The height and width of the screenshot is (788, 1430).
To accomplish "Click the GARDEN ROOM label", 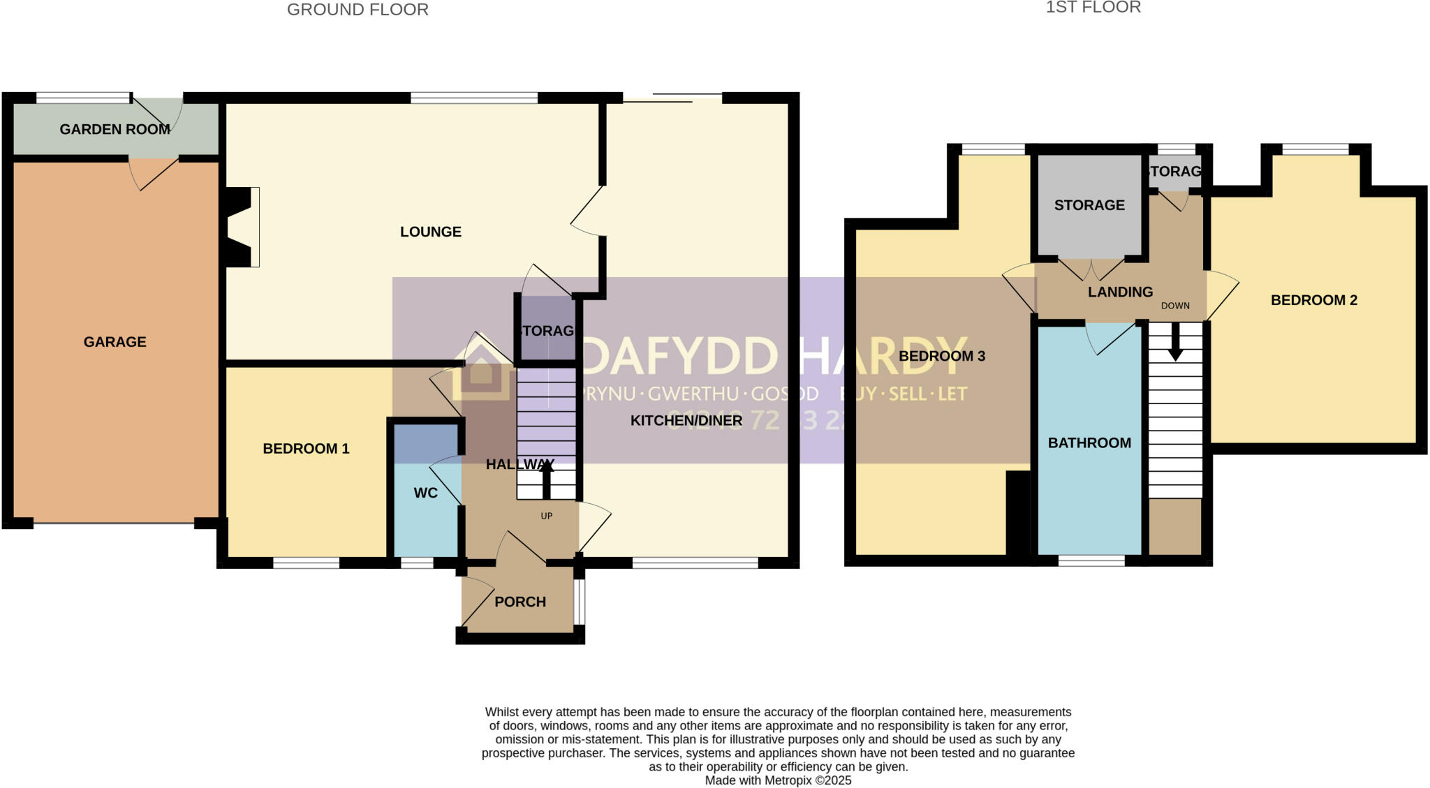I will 115,129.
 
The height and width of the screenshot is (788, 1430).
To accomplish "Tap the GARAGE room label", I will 115,342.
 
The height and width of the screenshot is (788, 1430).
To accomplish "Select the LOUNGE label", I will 430,232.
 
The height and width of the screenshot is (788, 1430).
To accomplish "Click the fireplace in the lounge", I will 241,227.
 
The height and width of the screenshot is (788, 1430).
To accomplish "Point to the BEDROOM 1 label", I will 306,449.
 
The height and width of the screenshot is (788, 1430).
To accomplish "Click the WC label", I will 425,493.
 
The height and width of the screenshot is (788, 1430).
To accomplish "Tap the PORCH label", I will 519,602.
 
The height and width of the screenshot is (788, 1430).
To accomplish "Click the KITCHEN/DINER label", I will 686,420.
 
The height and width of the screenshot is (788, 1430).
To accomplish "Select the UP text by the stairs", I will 546,516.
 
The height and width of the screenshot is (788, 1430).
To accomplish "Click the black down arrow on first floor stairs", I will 1175,343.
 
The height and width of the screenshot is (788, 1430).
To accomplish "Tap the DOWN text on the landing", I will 1175,306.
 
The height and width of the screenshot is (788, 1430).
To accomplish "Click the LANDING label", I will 1120,292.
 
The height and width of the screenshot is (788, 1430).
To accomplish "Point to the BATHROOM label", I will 1089,443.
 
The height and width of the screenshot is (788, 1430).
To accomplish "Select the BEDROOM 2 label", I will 1313,300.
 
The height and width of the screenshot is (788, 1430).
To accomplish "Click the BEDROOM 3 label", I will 941,356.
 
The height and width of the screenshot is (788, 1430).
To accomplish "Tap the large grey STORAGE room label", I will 1089,205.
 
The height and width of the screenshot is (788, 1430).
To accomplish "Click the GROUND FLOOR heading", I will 357,10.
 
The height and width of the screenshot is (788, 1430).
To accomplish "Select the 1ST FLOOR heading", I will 1093,7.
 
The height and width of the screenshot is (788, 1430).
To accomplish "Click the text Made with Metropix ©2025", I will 778,780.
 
